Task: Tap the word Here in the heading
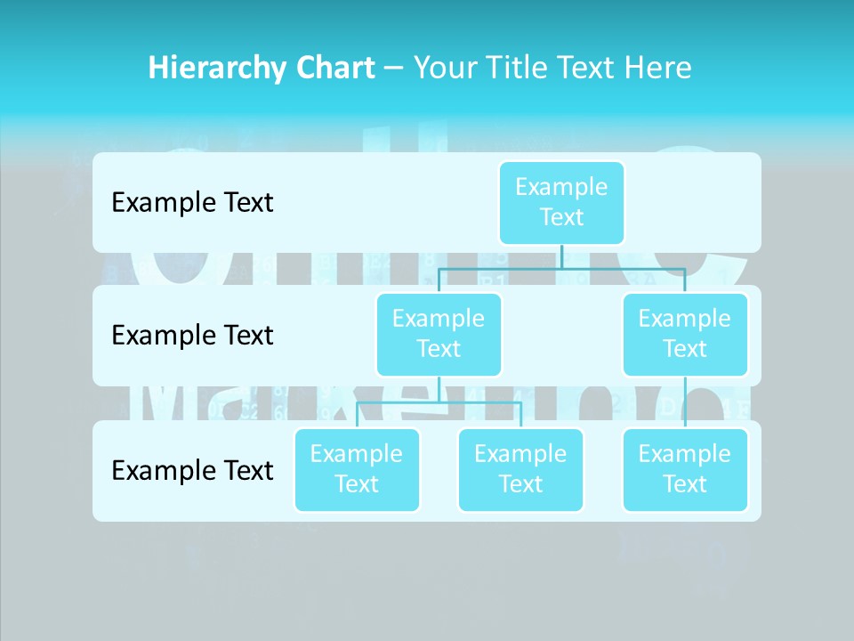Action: [657, 69]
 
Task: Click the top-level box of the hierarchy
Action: [561, 203]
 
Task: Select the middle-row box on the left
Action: [439, 335]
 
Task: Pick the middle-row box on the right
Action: [685, 335]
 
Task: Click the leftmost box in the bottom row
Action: [357, 470]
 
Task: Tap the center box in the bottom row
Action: [520, 470]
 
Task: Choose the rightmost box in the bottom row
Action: [685, 470]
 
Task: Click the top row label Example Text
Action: [192, 203]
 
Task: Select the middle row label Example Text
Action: [192, 336]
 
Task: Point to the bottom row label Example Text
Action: [192, 470]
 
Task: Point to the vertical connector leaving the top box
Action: [561, 256]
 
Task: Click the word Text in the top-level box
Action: [561, 217]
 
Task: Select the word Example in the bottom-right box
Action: [685, 454]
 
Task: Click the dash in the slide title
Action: [394, 69]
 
